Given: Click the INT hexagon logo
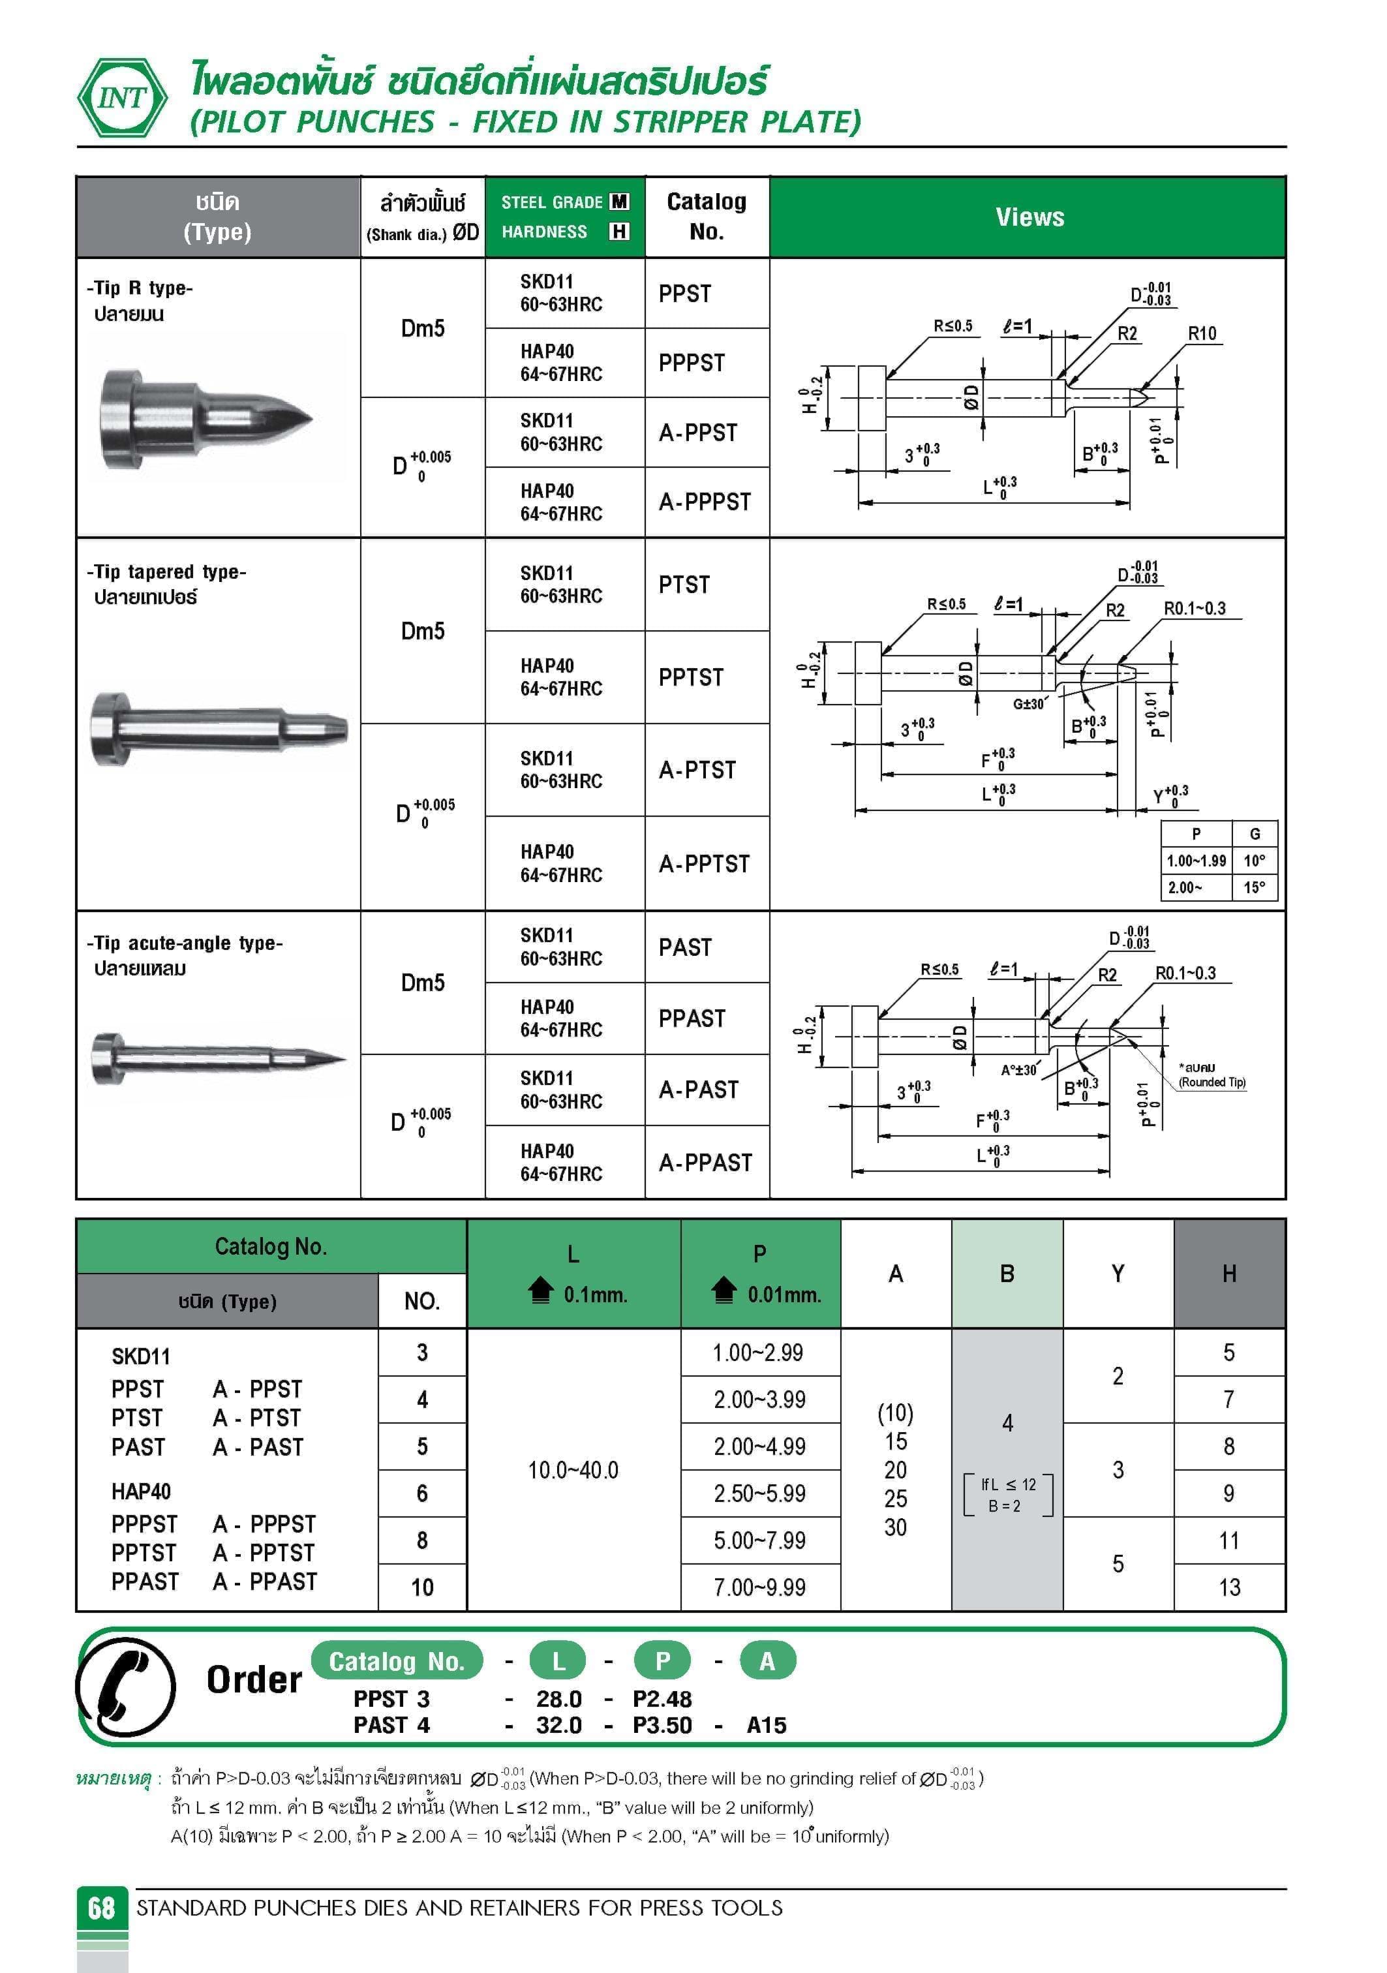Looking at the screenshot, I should click(x=123, y=98).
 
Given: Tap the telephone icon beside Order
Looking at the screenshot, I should click(x=127, y=1687).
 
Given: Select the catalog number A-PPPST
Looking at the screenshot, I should click(x=705, y=502).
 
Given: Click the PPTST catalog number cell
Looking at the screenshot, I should click(x=692, y=677).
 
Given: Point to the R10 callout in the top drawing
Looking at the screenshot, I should click(x=1201, y=333).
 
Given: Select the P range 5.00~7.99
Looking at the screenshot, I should click(x=759, y=1540).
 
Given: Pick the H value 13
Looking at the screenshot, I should click(x=1229, y=1587).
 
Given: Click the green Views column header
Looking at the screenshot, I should click(x=1029, y=217).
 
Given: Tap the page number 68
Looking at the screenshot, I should click(x=101, y=1908).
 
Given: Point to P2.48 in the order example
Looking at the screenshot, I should click(x=662, y=1699).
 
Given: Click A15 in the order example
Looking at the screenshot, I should click(x=767, y=1724).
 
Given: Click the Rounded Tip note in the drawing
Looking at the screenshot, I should click(x=1212, y=1076).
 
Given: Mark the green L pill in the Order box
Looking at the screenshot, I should click(x=558, y=1661).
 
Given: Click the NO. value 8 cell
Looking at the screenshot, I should click(x=422, y=1540).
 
